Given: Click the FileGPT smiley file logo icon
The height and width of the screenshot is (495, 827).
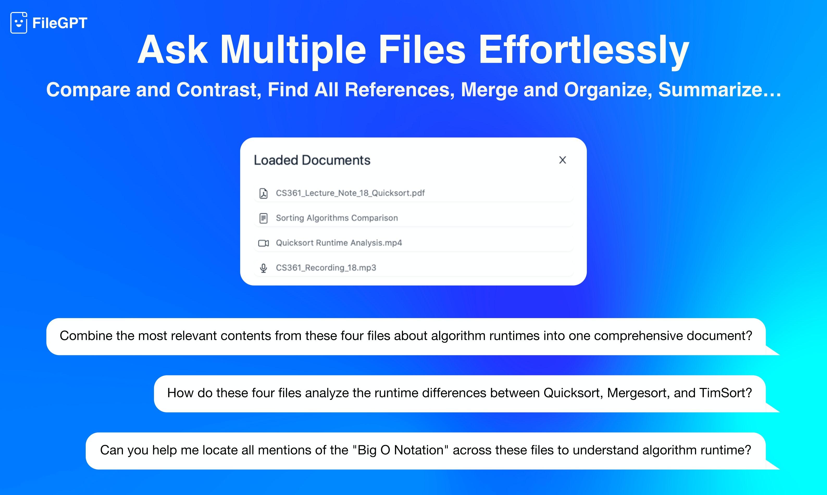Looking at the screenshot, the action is [19, 23].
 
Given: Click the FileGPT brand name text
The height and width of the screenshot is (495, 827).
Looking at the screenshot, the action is [60, 23].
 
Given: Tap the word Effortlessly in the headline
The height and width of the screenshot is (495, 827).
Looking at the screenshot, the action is [584, 51].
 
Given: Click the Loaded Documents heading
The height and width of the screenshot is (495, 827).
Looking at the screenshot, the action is [312, 160].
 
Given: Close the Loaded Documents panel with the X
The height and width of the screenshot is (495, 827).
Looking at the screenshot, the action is [563, 160].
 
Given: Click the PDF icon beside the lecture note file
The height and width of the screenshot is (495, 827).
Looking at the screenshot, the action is [263, 193].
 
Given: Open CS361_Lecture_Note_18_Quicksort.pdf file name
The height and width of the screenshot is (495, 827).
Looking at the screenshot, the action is [350, 193].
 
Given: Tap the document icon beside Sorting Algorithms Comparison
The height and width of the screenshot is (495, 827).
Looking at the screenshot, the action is [263, 218].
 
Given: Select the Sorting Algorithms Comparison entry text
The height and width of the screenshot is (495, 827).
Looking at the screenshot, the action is [337, 218].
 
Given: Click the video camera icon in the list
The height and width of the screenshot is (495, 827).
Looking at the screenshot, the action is [263, 243].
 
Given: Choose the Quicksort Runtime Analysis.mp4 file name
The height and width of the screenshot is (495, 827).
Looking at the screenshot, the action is [339, 243].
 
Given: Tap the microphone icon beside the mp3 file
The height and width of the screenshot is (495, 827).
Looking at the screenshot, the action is [263, 268].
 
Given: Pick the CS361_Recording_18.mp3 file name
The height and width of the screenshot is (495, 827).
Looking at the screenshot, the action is [326, 268].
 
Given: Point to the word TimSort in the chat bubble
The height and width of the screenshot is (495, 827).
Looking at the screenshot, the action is [726, 393].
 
